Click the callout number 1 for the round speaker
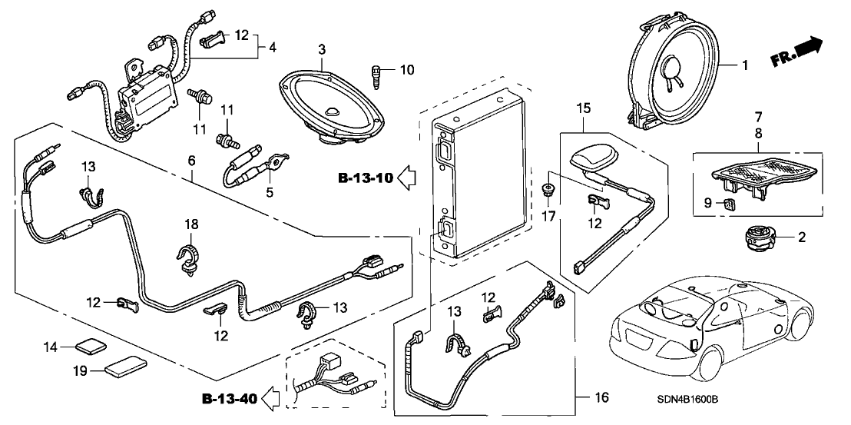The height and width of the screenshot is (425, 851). [x=744, y=66]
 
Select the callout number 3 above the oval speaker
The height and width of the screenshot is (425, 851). [x=321, y=51]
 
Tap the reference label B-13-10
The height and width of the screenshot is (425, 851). [x=365, y=179]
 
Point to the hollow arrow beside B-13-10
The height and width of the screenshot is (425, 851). [x=407, y=179]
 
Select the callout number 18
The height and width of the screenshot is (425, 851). [x=192, y=224]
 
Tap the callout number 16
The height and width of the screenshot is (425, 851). [x=602, y=397]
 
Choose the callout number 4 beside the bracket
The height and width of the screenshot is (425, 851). [x=273, y=48]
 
